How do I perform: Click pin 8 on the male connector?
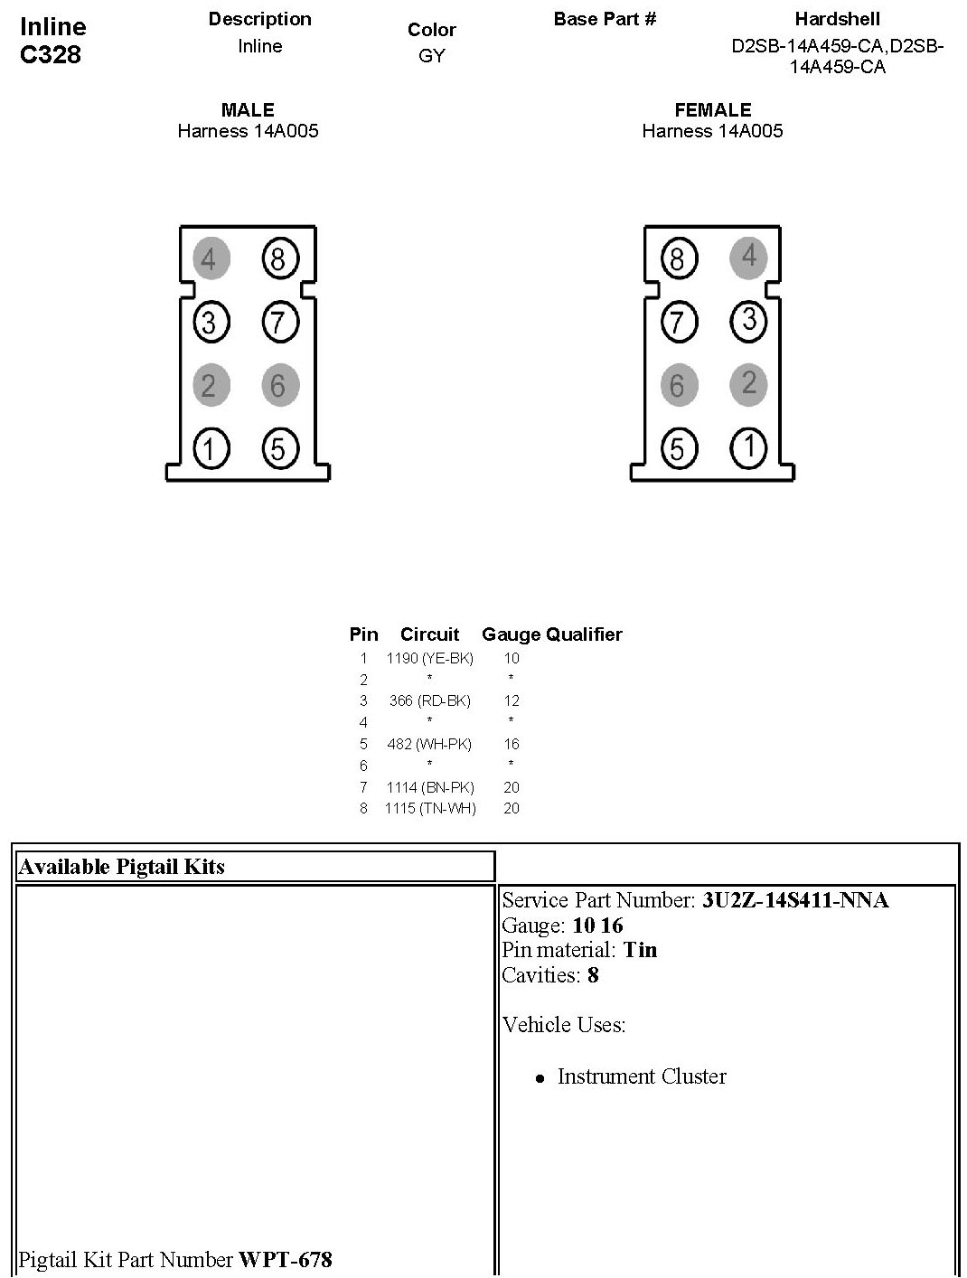278,259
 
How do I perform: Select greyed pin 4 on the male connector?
210,259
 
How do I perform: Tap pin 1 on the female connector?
748,448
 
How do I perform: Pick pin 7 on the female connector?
678,323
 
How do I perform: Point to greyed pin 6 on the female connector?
678,386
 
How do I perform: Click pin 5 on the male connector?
278,448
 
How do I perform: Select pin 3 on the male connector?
210,323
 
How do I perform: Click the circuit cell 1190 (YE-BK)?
429,658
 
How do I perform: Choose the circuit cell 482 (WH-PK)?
429,744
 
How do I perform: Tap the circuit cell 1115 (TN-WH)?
430,808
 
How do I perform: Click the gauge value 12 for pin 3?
512,700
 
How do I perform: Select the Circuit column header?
429,634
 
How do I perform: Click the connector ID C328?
51,55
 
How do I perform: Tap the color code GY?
432,56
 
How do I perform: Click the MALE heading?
248,110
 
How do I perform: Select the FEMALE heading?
713,110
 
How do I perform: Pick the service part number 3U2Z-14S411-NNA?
795,900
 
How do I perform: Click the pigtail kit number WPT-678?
286,1259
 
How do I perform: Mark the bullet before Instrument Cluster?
540,1078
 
